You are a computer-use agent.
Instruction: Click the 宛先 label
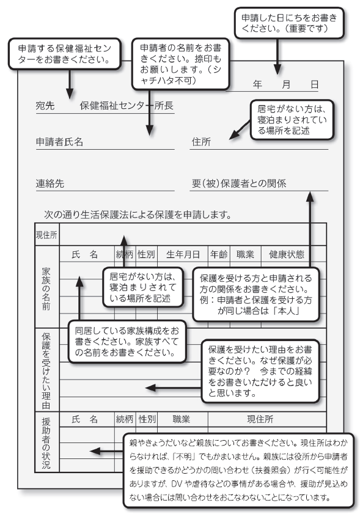[45, 106]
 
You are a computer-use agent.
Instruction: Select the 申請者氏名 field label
[59, 142]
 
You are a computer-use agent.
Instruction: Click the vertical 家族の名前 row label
[46, 288]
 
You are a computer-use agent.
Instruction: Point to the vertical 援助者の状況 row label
[46, 443]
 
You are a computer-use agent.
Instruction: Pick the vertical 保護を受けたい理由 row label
[46, 370]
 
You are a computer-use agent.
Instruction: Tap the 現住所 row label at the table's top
[46, 235]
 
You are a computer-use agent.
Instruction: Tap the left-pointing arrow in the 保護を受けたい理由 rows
[158, 387]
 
